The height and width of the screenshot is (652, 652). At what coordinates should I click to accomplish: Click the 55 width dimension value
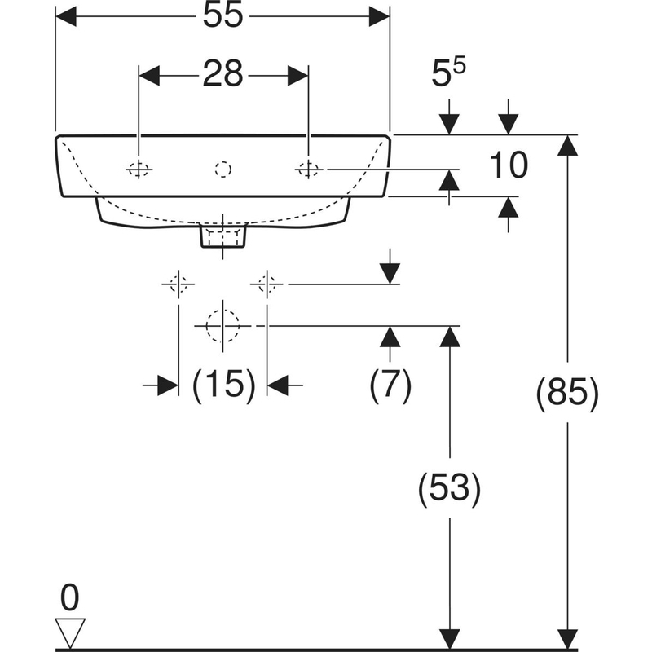[x=222, y=17]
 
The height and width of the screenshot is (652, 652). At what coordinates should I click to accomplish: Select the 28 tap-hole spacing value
[x=222, y=74]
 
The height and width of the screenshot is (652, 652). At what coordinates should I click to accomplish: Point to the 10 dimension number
[x=509, y=165]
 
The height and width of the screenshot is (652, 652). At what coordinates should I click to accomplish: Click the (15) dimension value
[x=222, y=385]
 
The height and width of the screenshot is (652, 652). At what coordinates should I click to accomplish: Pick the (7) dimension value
[x=390, y=385]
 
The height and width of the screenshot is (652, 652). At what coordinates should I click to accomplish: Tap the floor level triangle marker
[x=71, y=632]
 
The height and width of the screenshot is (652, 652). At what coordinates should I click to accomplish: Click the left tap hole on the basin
[x=139, y=169]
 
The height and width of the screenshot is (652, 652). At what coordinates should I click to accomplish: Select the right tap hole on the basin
[x=308, y=169]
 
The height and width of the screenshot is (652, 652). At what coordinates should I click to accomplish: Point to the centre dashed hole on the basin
[x=222, y=169]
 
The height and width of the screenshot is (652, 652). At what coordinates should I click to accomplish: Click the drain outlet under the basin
[x=222, y=237]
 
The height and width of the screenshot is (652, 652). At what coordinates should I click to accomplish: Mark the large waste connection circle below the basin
[x=221, y=324]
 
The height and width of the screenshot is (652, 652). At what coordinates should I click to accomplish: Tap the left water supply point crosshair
[x=178, y=284]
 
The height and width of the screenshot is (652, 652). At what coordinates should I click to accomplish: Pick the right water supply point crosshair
[x=267, y=284]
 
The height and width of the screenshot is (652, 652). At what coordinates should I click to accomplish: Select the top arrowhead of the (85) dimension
[x=568, y=145]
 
